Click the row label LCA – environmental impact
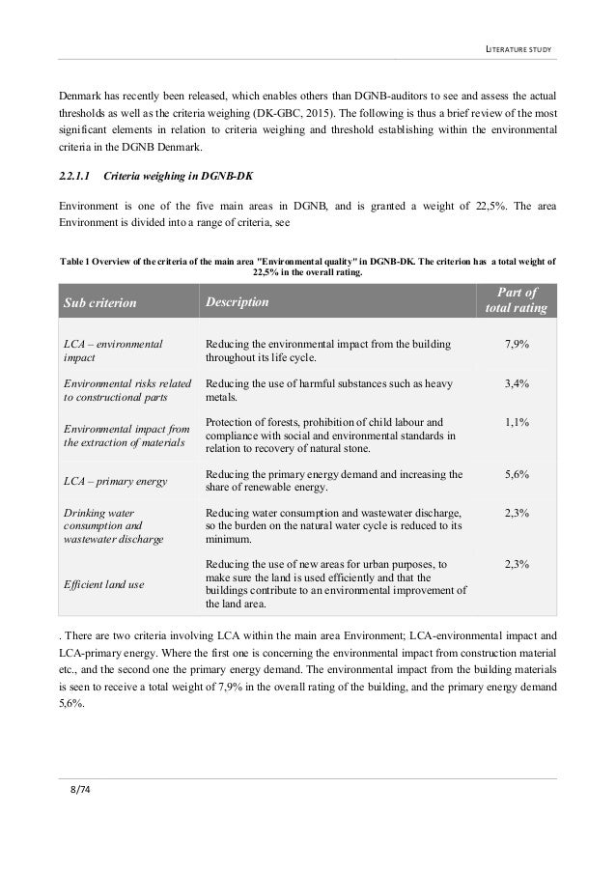click(x=111, y=350)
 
